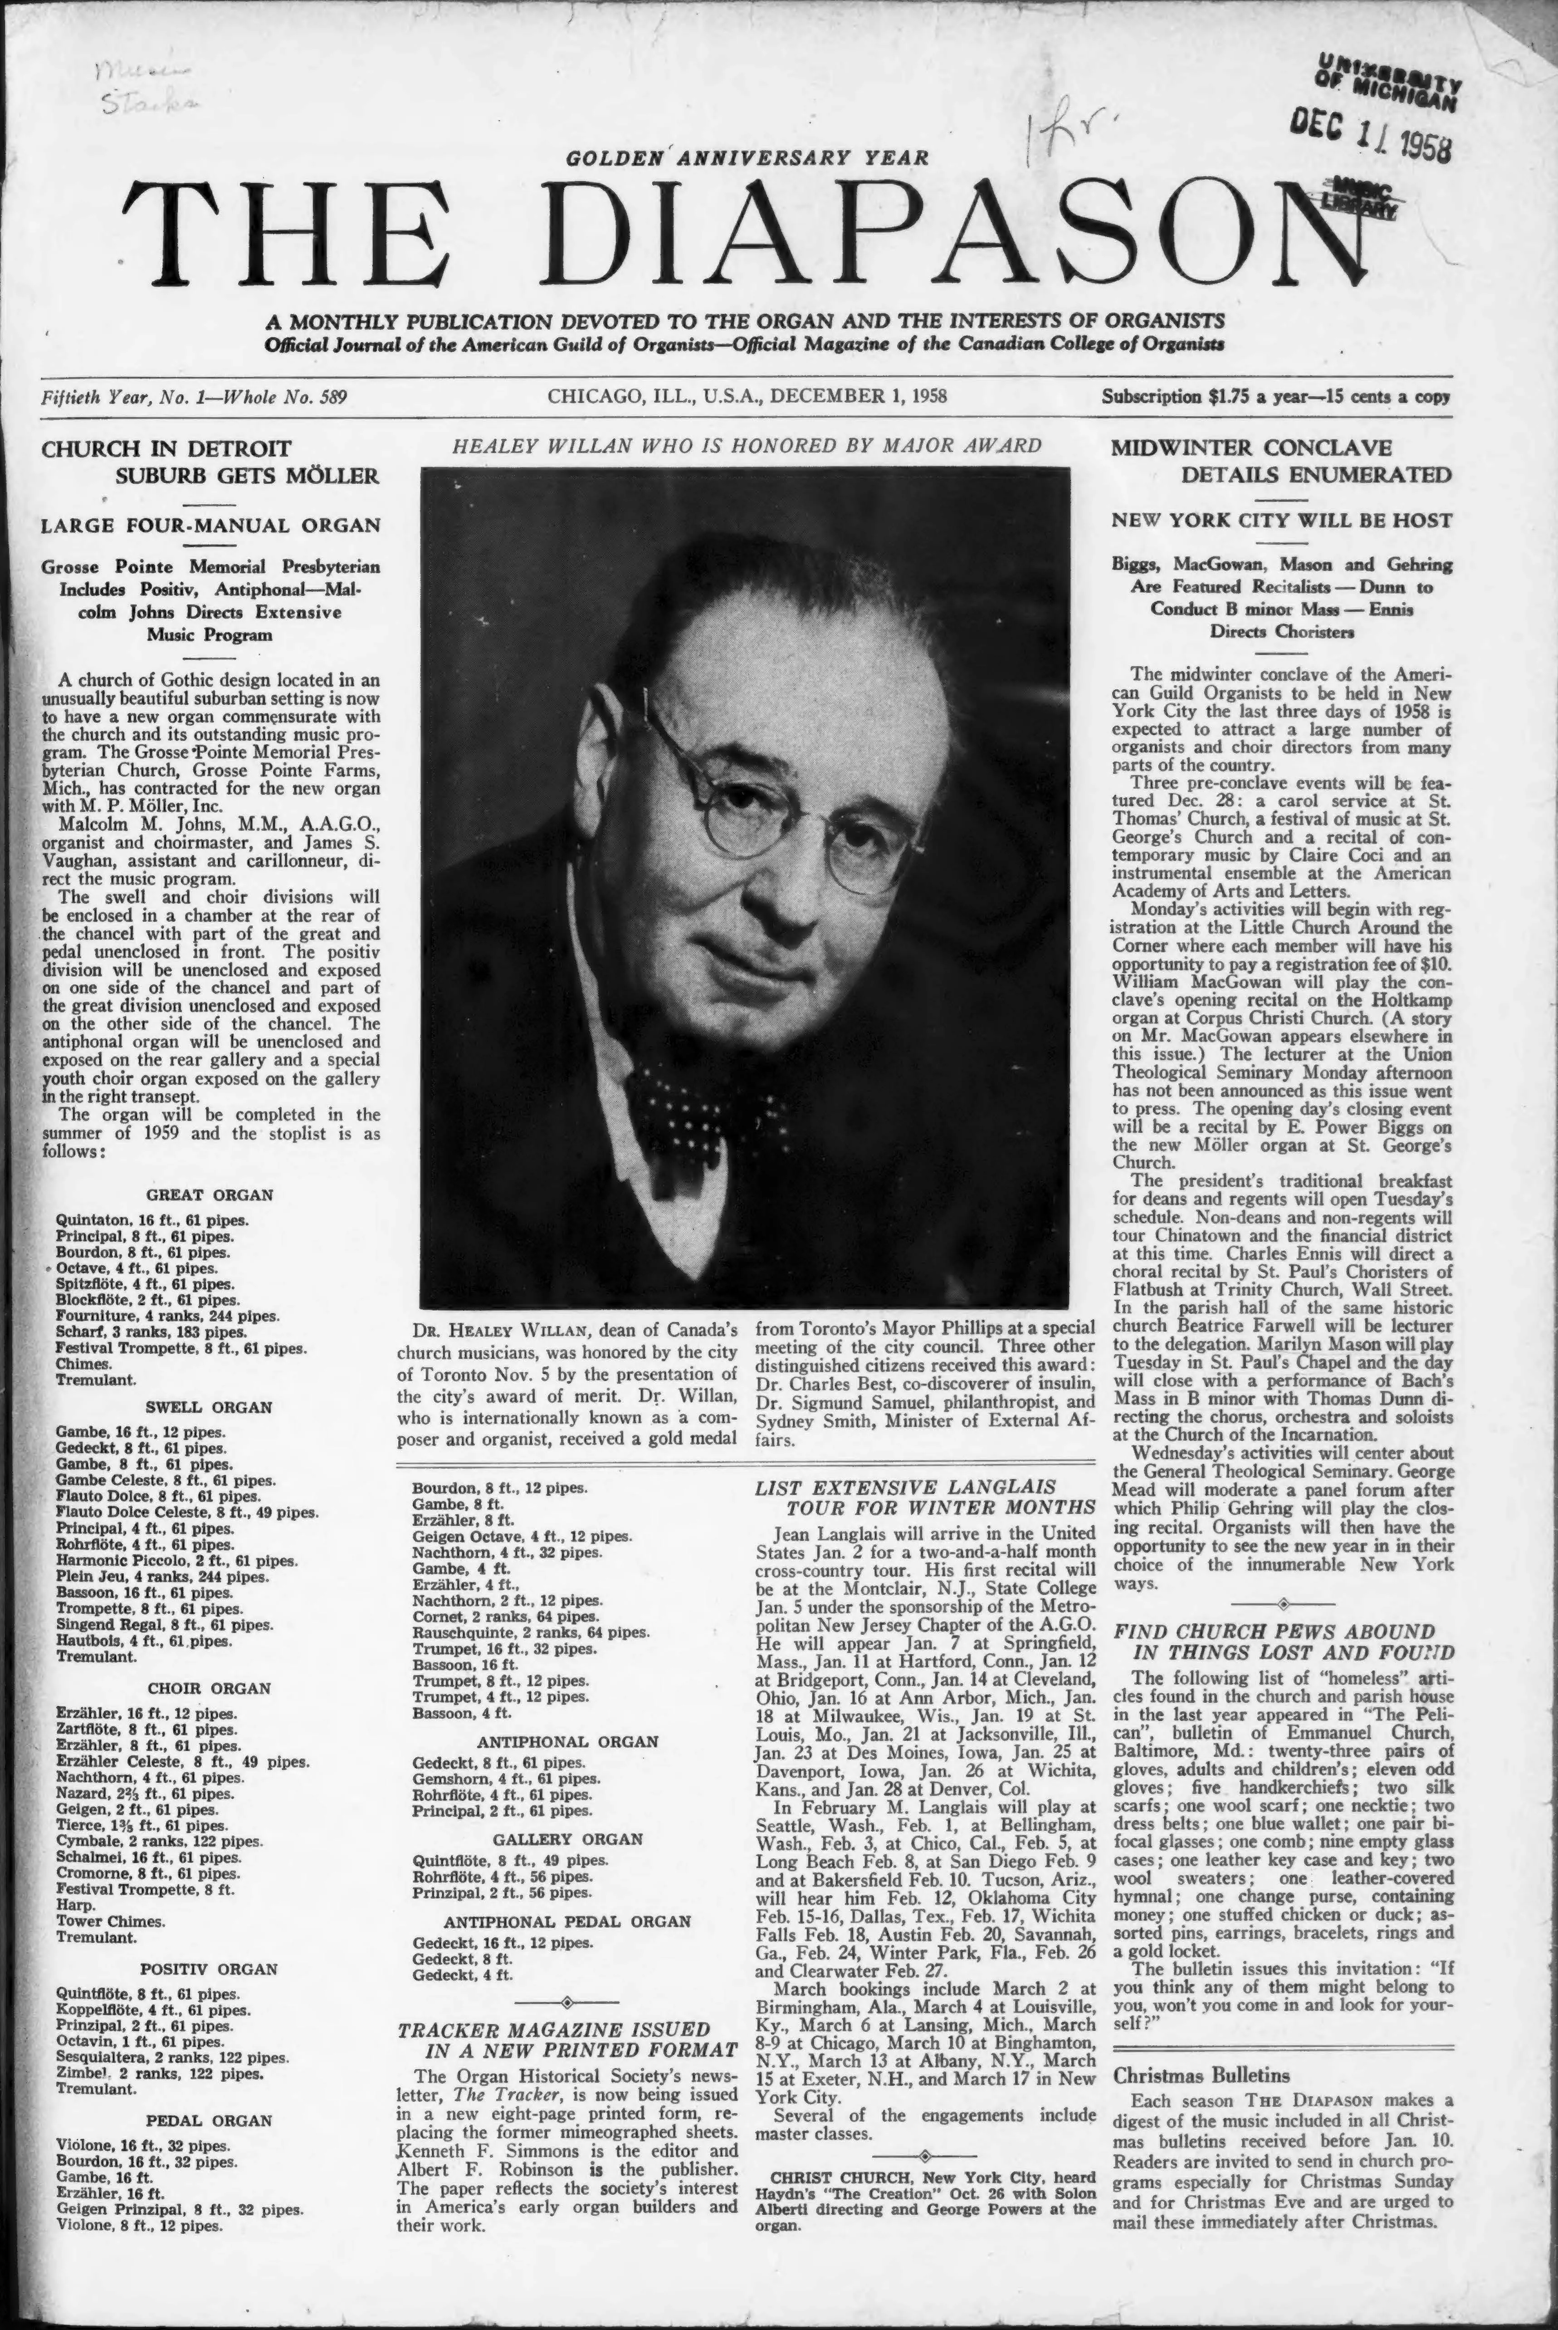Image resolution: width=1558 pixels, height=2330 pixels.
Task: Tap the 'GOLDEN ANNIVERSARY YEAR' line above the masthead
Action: point(747,157)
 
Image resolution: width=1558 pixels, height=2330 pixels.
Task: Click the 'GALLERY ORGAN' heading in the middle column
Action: point(567,1839)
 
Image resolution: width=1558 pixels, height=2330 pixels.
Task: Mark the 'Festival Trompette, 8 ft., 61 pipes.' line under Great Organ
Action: point(181,1349)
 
